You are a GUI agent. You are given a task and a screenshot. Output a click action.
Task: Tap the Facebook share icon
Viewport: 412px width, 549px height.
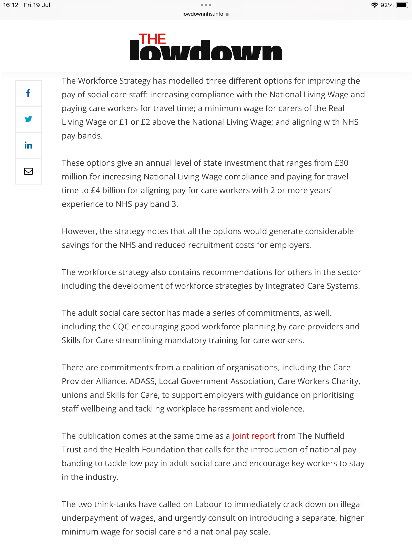click(28, 93)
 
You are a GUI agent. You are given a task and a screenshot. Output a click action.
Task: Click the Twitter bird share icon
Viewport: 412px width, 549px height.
click(28, 119)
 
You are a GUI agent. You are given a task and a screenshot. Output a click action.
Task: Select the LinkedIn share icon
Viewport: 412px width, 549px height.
click(28, 145)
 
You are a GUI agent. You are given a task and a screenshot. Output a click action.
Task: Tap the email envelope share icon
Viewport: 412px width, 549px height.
click(28, 171)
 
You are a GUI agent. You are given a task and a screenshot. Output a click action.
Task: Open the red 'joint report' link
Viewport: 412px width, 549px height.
click(254, 436)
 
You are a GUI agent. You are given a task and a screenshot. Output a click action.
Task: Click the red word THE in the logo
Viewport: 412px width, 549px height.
click(152, 39)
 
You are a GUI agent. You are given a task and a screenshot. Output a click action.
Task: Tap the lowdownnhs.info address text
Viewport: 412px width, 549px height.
click(203, 14)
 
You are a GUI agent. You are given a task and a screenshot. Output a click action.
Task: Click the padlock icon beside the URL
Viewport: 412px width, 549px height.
click(227, 14)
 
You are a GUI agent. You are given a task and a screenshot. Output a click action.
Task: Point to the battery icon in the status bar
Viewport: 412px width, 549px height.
click(402, 5)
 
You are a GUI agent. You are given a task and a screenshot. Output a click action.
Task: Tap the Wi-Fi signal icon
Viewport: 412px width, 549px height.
click(374, 5)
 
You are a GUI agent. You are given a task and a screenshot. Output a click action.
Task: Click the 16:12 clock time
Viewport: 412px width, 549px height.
click(11, 5)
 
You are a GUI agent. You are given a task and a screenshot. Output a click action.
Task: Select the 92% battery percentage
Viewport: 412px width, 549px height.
click(387, 5)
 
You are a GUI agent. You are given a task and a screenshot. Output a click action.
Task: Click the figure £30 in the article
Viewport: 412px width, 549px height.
click(341, 163)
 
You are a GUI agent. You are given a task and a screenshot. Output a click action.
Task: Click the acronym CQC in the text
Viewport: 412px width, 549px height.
click(121, 327)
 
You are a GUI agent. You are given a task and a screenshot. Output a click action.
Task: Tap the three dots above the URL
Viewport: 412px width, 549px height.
click(206, 5)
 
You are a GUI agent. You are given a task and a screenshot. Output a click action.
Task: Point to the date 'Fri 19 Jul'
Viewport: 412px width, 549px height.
click(37, 5)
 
